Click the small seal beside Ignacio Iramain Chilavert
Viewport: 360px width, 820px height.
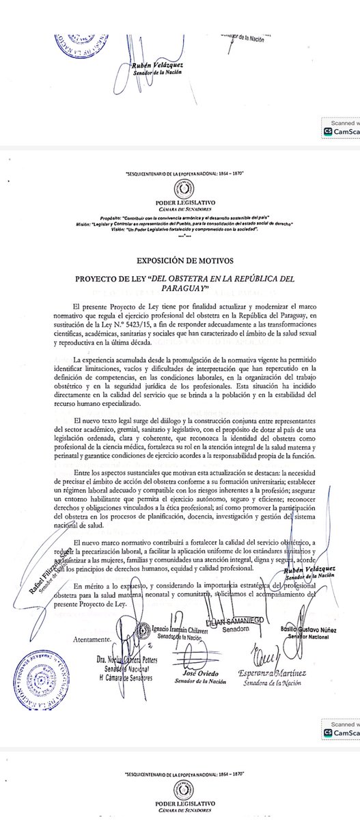tap(144, 629)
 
